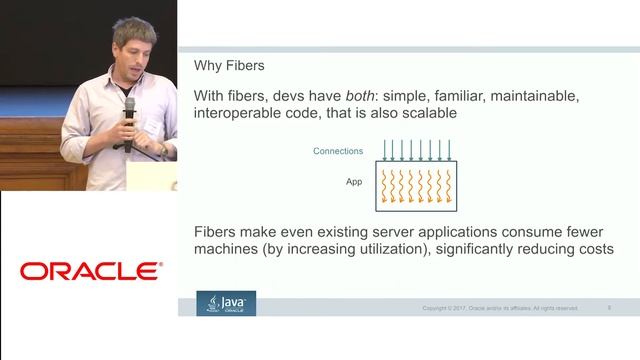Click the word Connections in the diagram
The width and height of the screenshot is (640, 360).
coord(339,151)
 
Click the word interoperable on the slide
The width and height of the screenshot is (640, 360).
coord(246,114)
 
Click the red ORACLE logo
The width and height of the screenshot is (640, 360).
coord(91,271)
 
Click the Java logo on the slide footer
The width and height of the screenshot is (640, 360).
coord(226,303)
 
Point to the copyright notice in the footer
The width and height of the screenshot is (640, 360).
coord(499,308)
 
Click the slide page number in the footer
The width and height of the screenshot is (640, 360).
coord(609,307)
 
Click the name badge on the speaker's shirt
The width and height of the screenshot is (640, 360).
coord(151,124)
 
